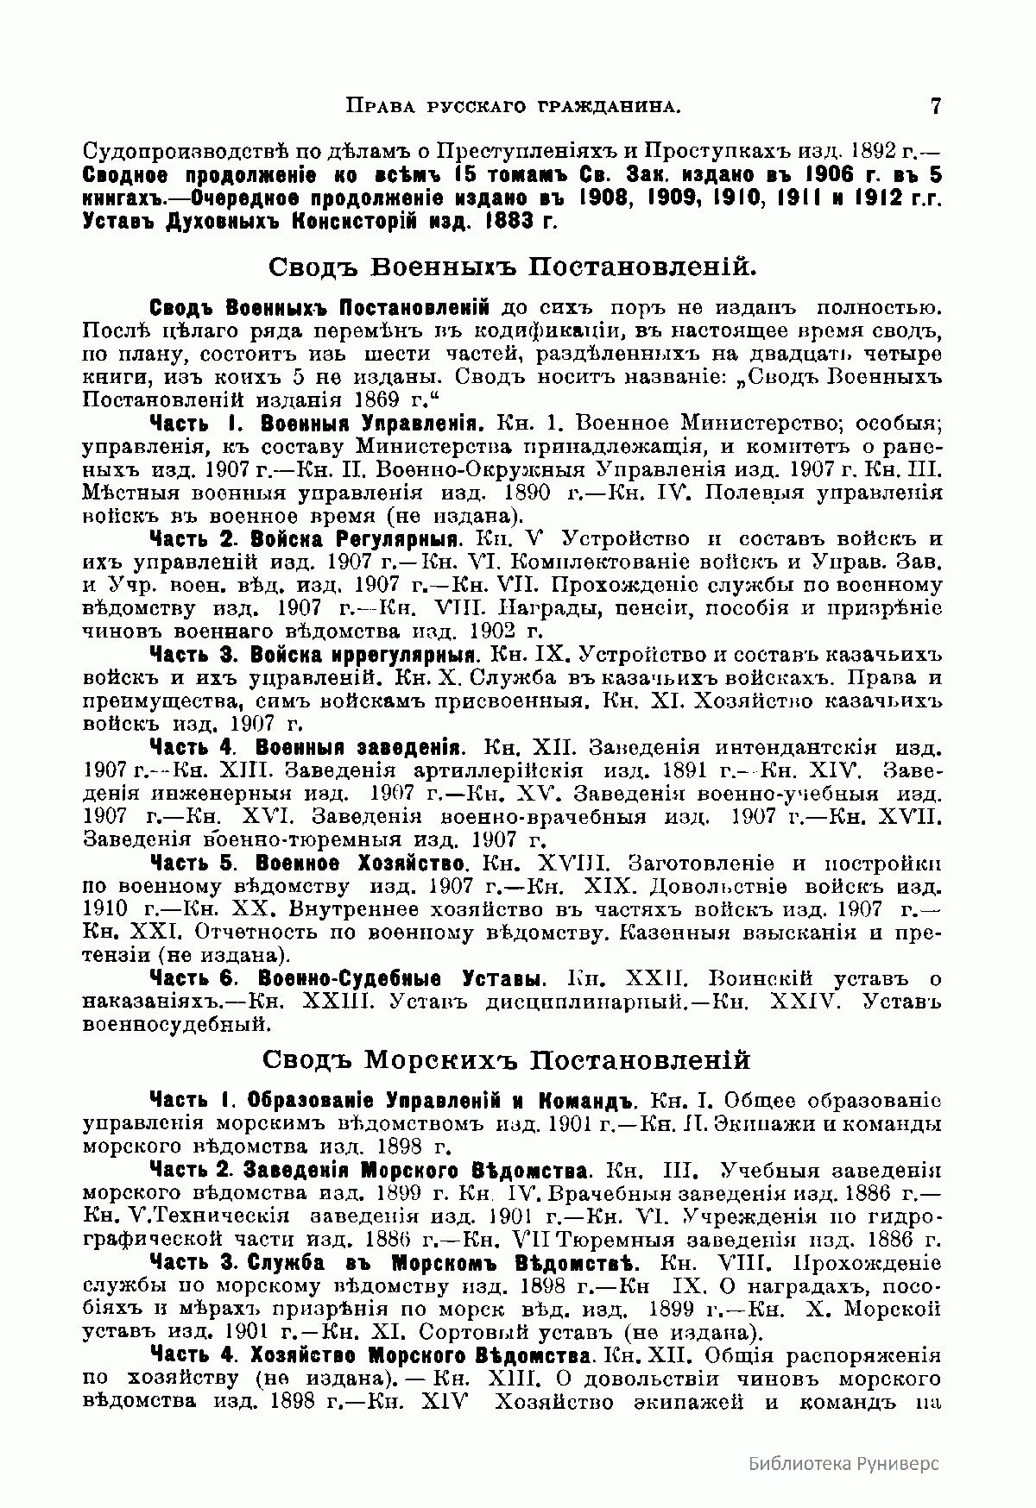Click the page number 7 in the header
936,107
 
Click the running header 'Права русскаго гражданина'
514,107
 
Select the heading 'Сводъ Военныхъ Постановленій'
513,266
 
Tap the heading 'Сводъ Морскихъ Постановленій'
506,1059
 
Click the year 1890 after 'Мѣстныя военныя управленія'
523,494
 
